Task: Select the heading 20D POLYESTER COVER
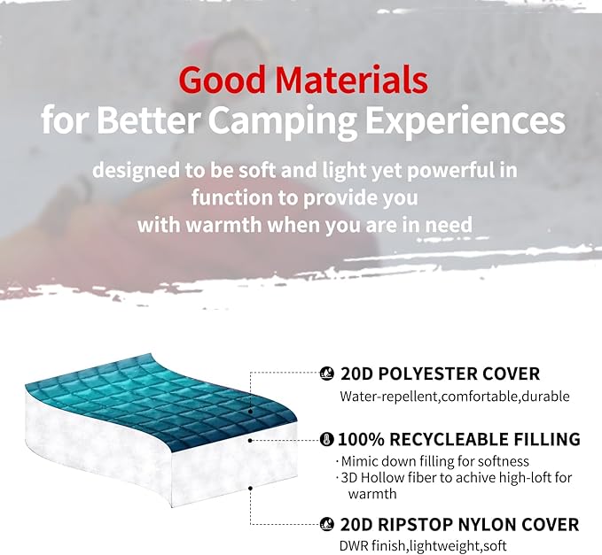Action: click(439, 374)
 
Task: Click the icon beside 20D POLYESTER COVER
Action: click(326, 374)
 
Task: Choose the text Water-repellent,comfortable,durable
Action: click(454, 397)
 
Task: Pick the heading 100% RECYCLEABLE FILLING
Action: click(459, 439)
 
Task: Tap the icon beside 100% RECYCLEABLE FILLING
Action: click(326, 439)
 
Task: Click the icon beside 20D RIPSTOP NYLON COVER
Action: click(326, 524)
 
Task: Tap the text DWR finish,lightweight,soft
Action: click(424, 546)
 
